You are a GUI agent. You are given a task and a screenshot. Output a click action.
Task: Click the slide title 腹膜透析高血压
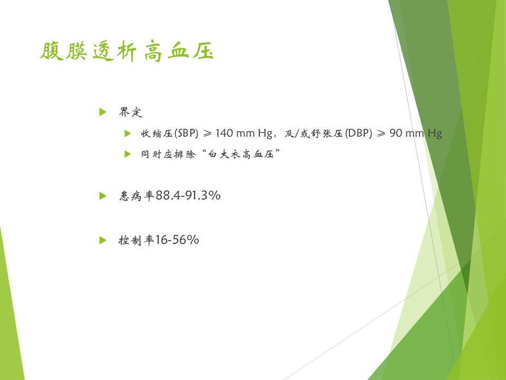(x=127, y=51)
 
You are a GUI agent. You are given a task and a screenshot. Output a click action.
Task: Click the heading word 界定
(x=130, y=112)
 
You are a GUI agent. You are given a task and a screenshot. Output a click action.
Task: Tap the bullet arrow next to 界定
(x=103, y=112)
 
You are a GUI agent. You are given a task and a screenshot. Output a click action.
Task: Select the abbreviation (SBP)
(x=186, y=133)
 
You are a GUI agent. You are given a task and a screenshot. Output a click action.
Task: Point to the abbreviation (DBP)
(x=358, y=133)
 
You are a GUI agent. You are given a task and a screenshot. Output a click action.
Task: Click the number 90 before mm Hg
(x=396, y=133)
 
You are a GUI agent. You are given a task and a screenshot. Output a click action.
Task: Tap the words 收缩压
(x=157, y=133)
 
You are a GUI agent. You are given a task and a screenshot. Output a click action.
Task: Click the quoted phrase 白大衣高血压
(x=241, y=154)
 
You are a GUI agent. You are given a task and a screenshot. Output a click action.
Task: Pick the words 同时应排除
(x=168, y=154)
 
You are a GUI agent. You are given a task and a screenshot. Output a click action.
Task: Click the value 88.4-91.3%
(x=188, y=195)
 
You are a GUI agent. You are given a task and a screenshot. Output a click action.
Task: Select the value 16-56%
(x=177, y=240)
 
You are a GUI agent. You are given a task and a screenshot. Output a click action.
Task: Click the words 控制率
(x=136, y=240)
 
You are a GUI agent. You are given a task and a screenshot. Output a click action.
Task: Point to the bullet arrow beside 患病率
(x=103, y=196)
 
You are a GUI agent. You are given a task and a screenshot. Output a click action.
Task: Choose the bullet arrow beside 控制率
(x=103, y=240)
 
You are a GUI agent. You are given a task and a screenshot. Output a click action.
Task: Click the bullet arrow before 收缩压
(x=128, y=133)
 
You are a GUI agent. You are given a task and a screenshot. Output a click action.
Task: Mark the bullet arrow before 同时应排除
(x=128, y=154)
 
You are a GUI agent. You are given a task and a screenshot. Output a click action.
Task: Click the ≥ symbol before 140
(x=207, y=133)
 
